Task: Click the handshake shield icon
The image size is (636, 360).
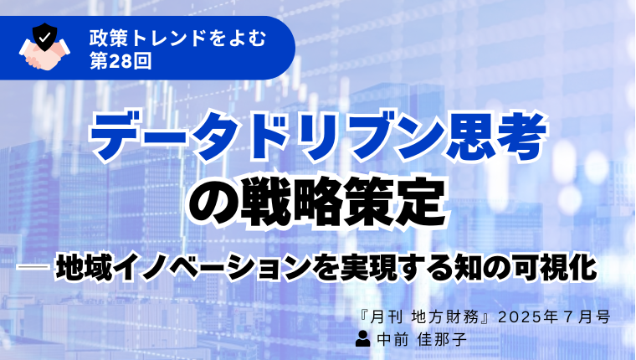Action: point(44,47)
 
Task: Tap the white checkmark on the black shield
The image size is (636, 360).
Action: point(45,37)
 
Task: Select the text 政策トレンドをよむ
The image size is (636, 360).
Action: point(178,38)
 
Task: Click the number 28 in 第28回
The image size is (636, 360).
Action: point(121,61)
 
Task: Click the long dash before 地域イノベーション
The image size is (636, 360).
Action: point(33,266)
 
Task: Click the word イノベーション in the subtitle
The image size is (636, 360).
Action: point(212,267)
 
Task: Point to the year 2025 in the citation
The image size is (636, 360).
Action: point(519,317)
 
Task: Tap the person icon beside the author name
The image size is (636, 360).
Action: point(362,339)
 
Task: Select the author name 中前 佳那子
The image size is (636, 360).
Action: point(422,339)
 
